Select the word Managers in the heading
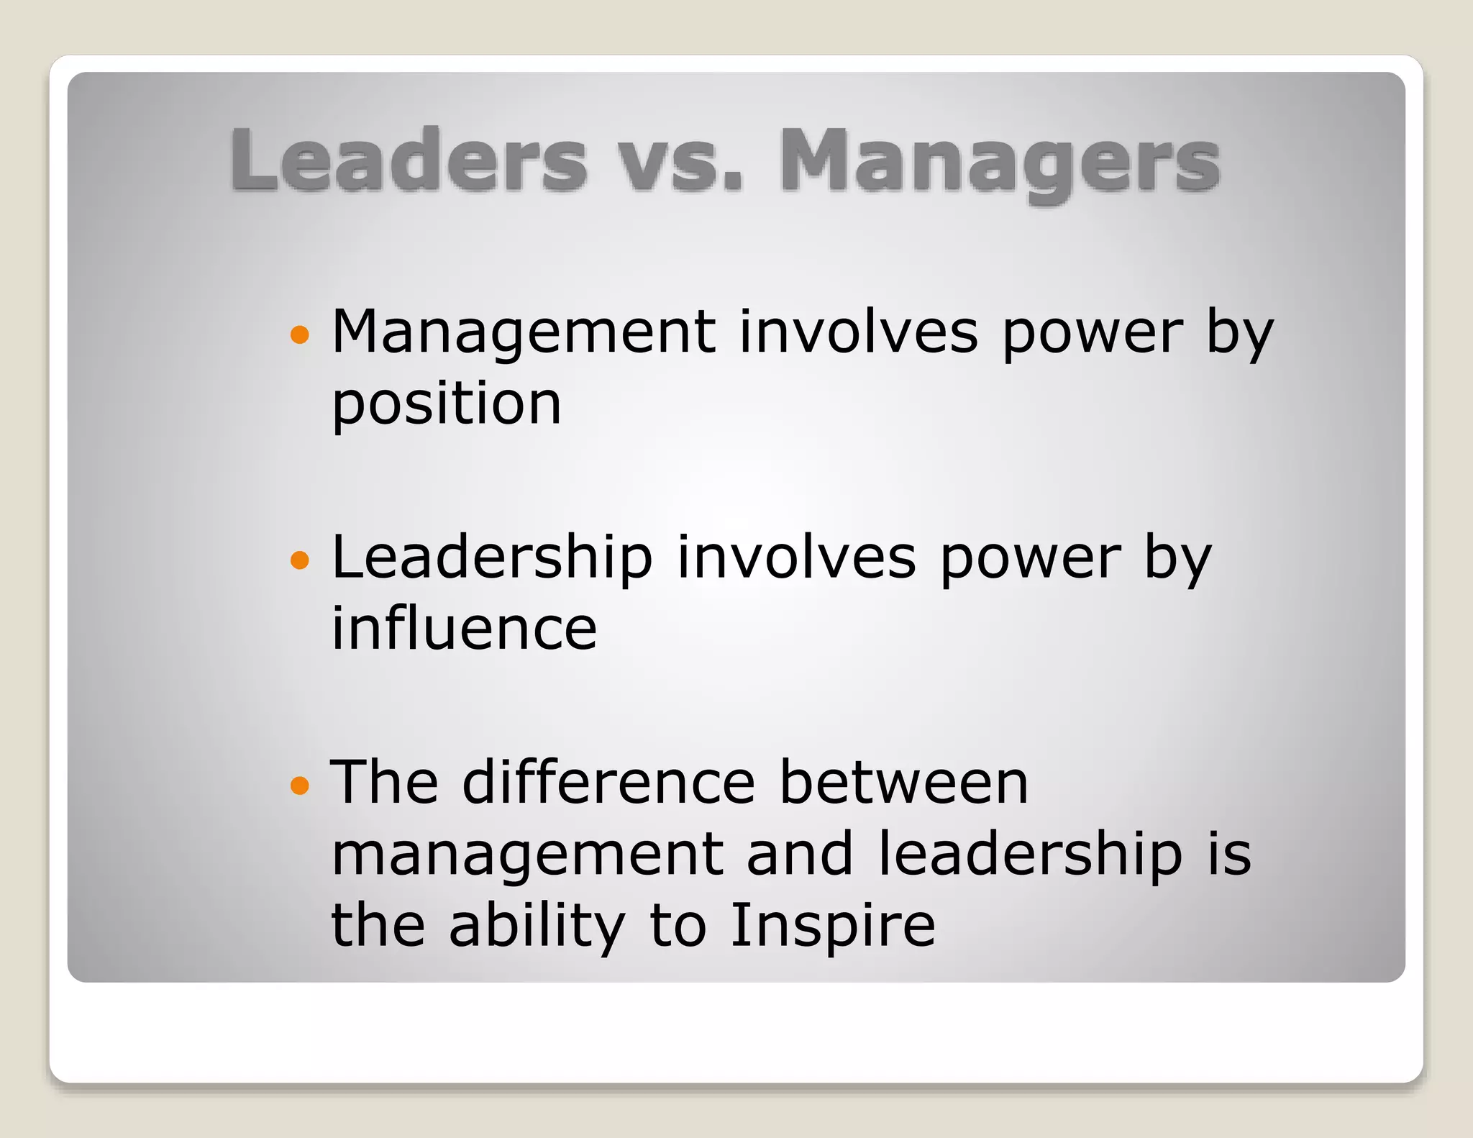(x=1000, y=162)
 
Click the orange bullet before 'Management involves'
(x=299, y=334)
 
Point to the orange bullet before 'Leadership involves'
(x=299, y=559)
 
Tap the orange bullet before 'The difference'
(x=299, y=785)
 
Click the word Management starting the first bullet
(x=524, y=333)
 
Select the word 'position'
(x=446, y=404)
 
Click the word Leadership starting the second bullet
(x=492, y=558)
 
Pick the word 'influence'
(x=464, y=629)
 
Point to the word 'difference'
(x=608, y=783)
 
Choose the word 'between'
(x=904, y=783)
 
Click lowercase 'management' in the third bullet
(x=527, y=855)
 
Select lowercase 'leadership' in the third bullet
(x=1030, y=854)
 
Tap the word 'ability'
(x=537, y=926)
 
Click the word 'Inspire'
(x=832, y=926)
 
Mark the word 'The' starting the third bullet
(x=385, y=783)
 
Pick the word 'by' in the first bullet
(x=1239, y=333)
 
